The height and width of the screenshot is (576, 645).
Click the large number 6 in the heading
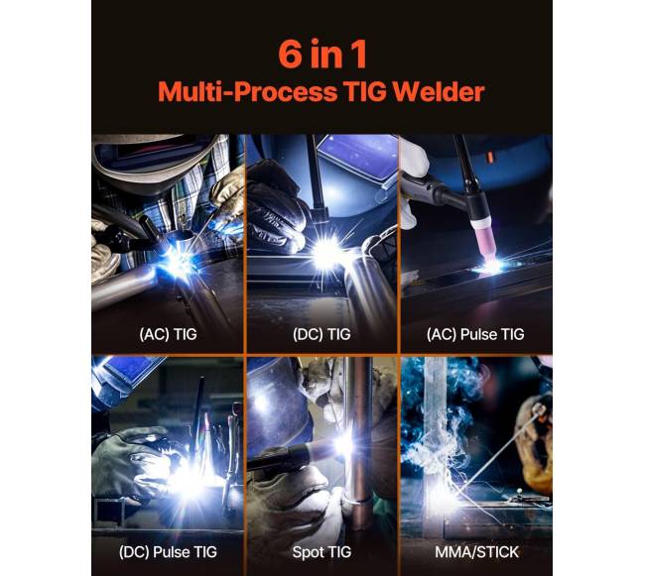[x=290, y=54]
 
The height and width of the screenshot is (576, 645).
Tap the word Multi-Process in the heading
[x=247, y=91]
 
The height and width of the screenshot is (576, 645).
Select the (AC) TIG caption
[x=169, y=334]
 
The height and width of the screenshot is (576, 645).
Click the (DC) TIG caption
[x=322, y=334]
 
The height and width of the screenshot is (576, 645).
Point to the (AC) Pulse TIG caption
[x=475, y=334]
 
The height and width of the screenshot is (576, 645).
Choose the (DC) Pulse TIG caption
[x=168, y=552]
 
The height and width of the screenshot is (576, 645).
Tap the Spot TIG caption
[x=322, y=552]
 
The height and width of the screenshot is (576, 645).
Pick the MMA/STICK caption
[x=476, y=552]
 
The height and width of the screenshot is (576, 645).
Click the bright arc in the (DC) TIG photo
[x=327, y=252]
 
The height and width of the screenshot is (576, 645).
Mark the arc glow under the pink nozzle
[x=491, y=266]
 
